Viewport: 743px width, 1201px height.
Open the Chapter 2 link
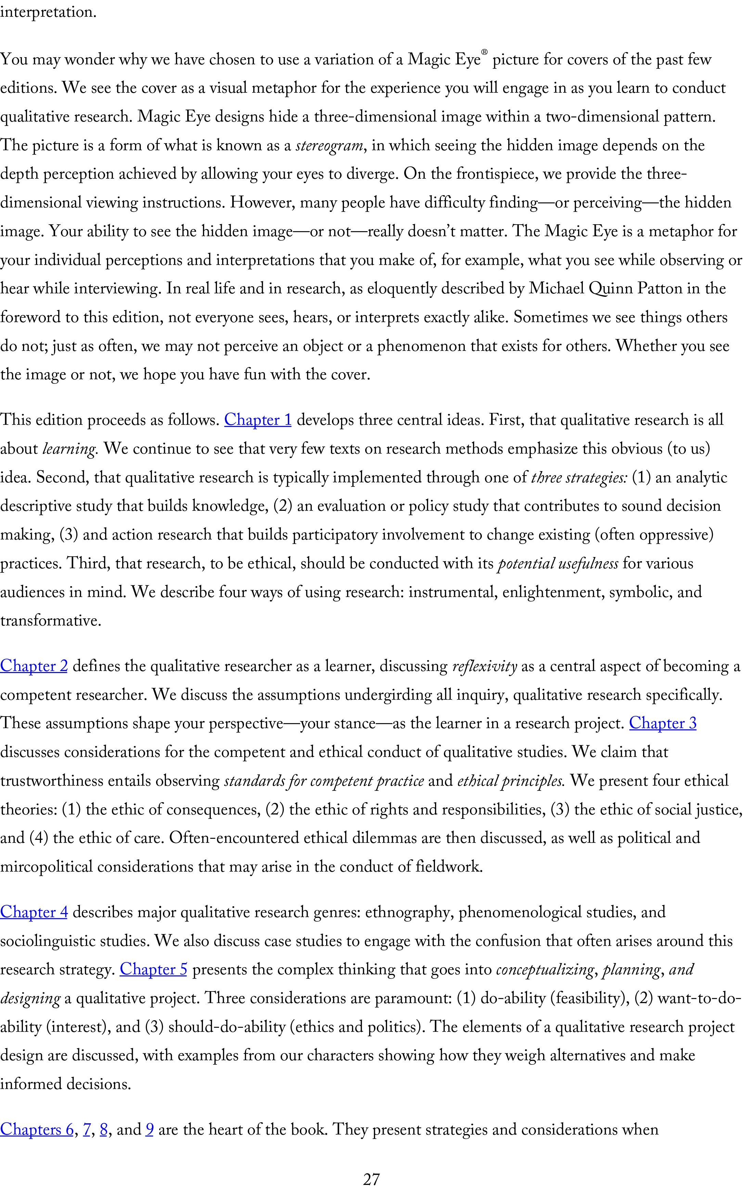click(x=34, y=666)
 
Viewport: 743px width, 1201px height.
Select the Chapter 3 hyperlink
click(x=663, y=723)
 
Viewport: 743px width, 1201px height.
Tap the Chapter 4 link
click(x=34, y=912)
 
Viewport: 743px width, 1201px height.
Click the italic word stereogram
click(x=329, y=146)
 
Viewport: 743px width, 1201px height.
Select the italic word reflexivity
click(x=484, y=667)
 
